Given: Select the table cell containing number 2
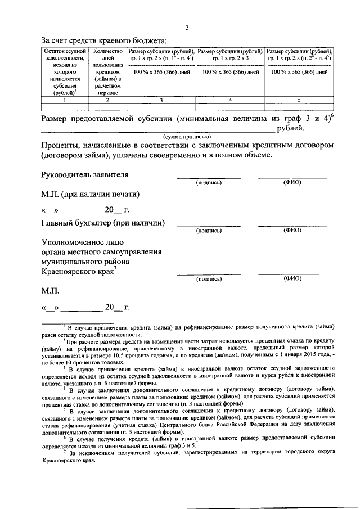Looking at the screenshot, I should [x=107, y=100].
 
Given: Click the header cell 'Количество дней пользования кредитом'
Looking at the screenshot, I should [x=107, y=71].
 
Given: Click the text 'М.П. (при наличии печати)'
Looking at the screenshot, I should [x=89, y=194].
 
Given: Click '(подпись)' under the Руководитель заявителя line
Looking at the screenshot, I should [x=209, y=183].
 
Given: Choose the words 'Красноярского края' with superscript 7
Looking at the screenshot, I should [x=77, y=272].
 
